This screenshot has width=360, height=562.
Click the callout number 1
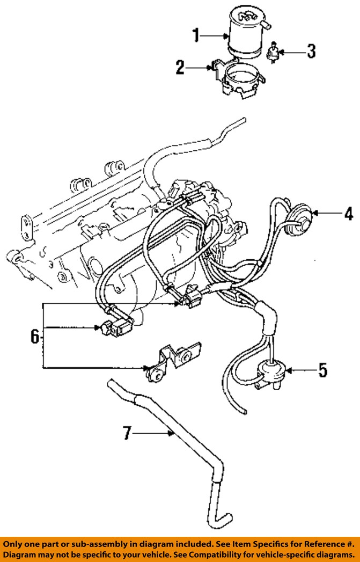click(196, 35)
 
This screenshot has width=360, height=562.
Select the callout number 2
click(180, 68)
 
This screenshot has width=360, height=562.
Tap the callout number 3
click(311, 51)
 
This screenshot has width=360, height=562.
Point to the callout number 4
click(349, 214)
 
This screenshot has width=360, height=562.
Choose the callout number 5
click(323, 370)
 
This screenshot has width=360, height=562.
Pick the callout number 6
click(34, 337)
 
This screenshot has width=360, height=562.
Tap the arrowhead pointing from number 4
click(315, 214)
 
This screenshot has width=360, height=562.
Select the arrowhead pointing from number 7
click(172, 434)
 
